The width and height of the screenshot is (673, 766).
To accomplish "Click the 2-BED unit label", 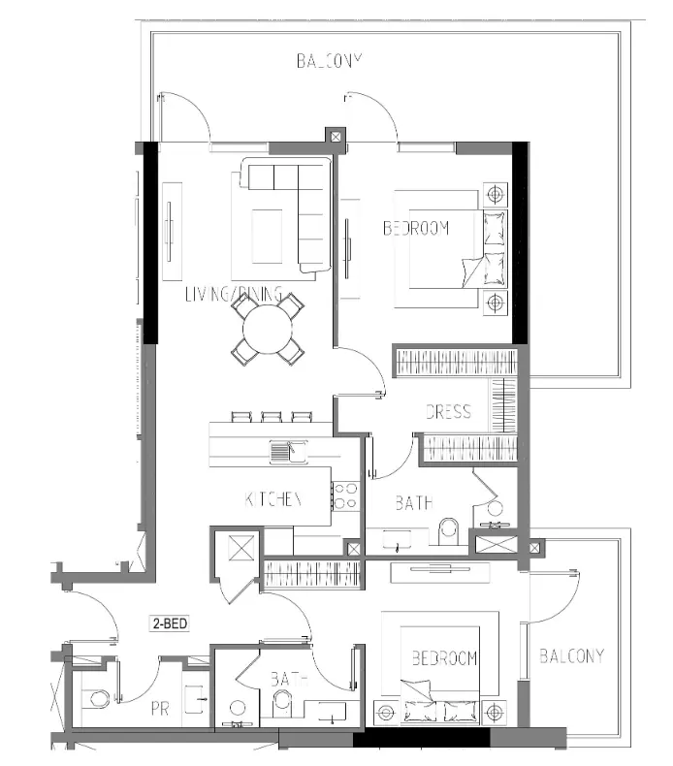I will pos(168,624).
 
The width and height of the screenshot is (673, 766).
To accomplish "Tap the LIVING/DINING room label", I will pos(233,294).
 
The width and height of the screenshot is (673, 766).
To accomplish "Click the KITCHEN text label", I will pos(273,499).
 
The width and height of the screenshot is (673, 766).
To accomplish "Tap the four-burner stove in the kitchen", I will pos(345,496).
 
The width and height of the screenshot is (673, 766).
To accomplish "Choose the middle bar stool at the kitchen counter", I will pos(272,418).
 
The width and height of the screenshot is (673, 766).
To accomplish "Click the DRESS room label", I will pos(448,411).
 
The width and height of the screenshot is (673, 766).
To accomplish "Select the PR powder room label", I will pos(160,710).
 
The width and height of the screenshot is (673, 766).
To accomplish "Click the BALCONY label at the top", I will pos(328,60).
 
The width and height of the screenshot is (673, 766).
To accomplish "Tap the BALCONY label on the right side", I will pos(571,655).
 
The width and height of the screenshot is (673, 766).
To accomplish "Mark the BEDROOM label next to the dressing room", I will pos(416,229).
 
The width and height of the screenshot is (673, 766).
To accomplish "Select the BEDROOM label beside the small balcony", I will pos(444,658).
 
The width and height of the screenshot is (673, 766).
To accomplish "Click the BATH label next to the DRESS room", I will pos(414,503).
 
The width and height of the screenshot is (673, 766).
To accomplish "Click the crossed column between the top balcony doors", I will pos(336,137).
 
